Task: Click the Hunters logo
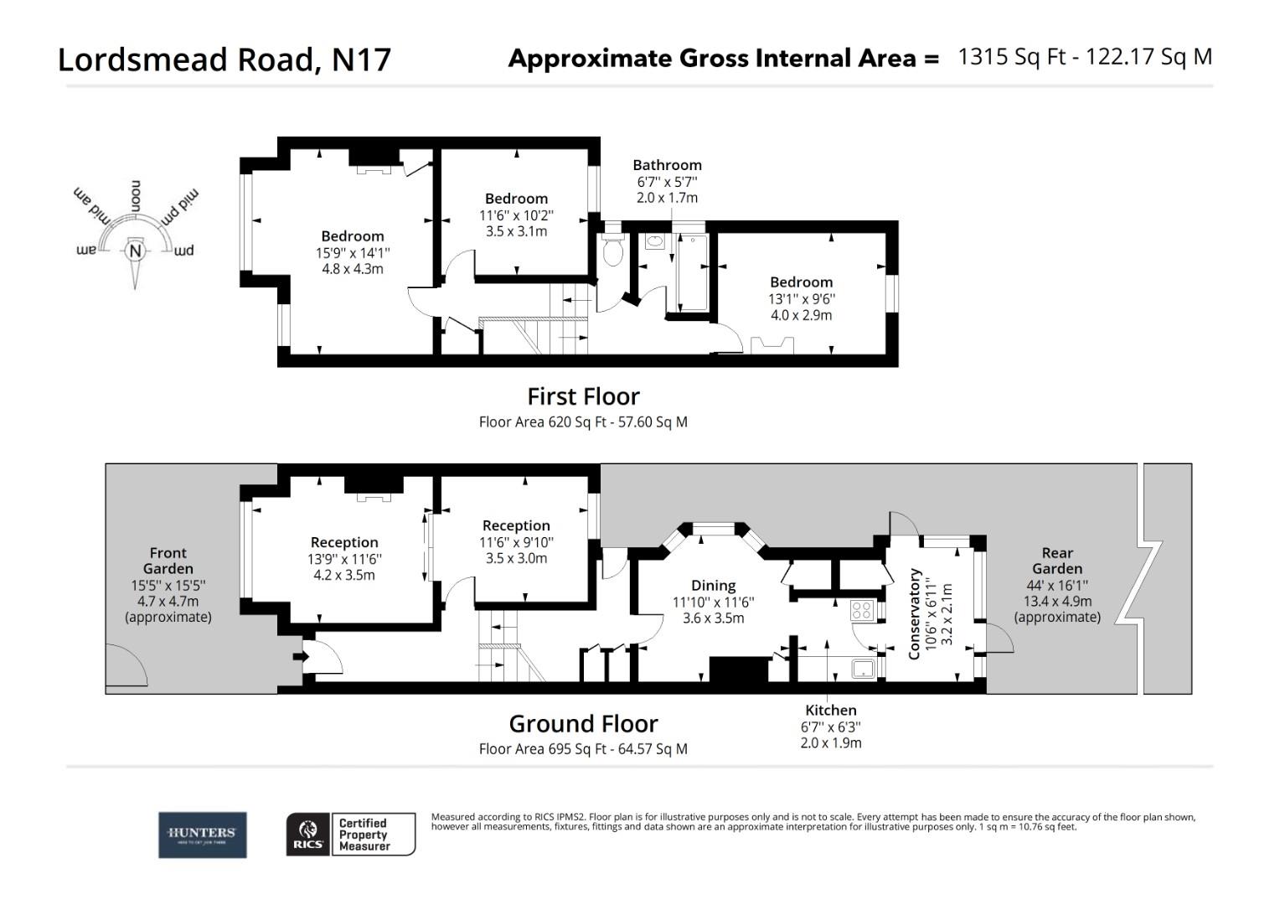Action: (x=202, y=834)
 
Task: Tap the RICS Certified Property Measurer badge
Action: (x=350, y=835)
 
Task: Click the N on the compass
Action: (x=134, y=251)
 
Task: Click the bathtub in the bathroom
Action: (x=692, y=272)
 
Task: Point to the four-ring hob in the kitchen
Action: (x=863, y=610)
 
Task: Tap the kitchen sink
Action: (x=864, y=668)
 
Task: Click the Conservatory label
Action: (x=914, y=613)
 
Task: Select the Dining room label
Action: (x=713, y=586)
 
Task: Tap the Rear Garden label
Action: (x=1057, y=561)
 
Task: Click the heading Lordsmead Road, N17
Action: (x=224, y=59)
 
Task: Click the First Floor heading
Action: (x=583, y=396)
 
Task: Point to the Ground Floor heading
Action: (x=583, y=723)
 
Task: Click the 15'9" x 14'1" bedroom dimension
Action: (x=352, y=253)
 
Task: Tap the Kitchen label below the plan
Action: (x=830, y=711)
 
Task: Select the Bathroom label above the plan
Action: (x=667, y=165)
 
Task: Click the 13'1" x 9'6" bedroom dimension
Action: (x=802, y=299)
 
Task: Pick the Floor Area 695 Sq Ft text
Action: (x=583, y=749)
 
